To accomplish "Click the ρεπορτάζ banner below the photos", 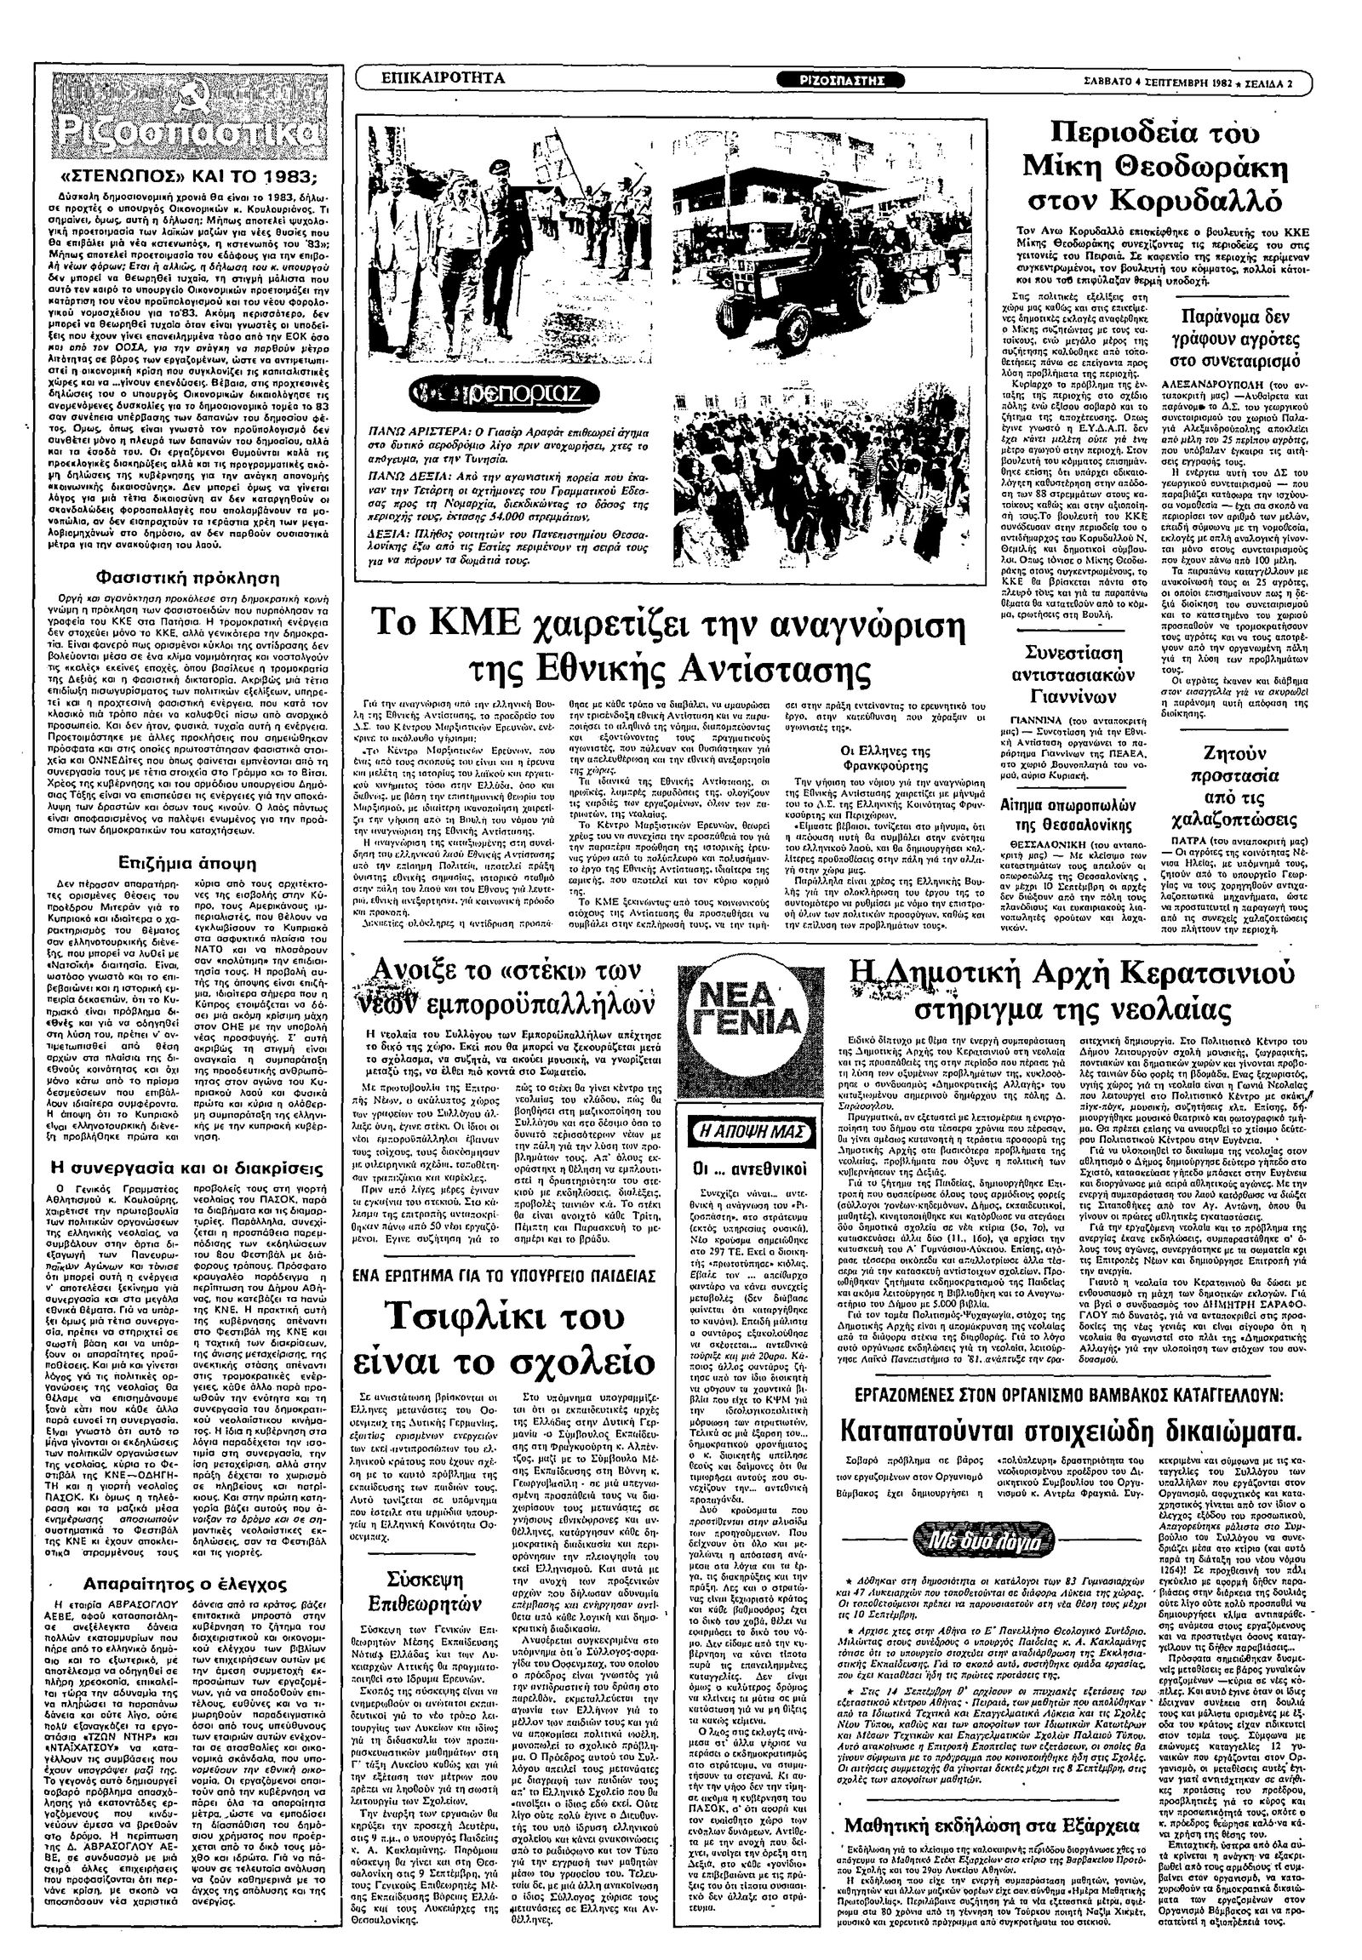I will [x=505, y=394].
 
